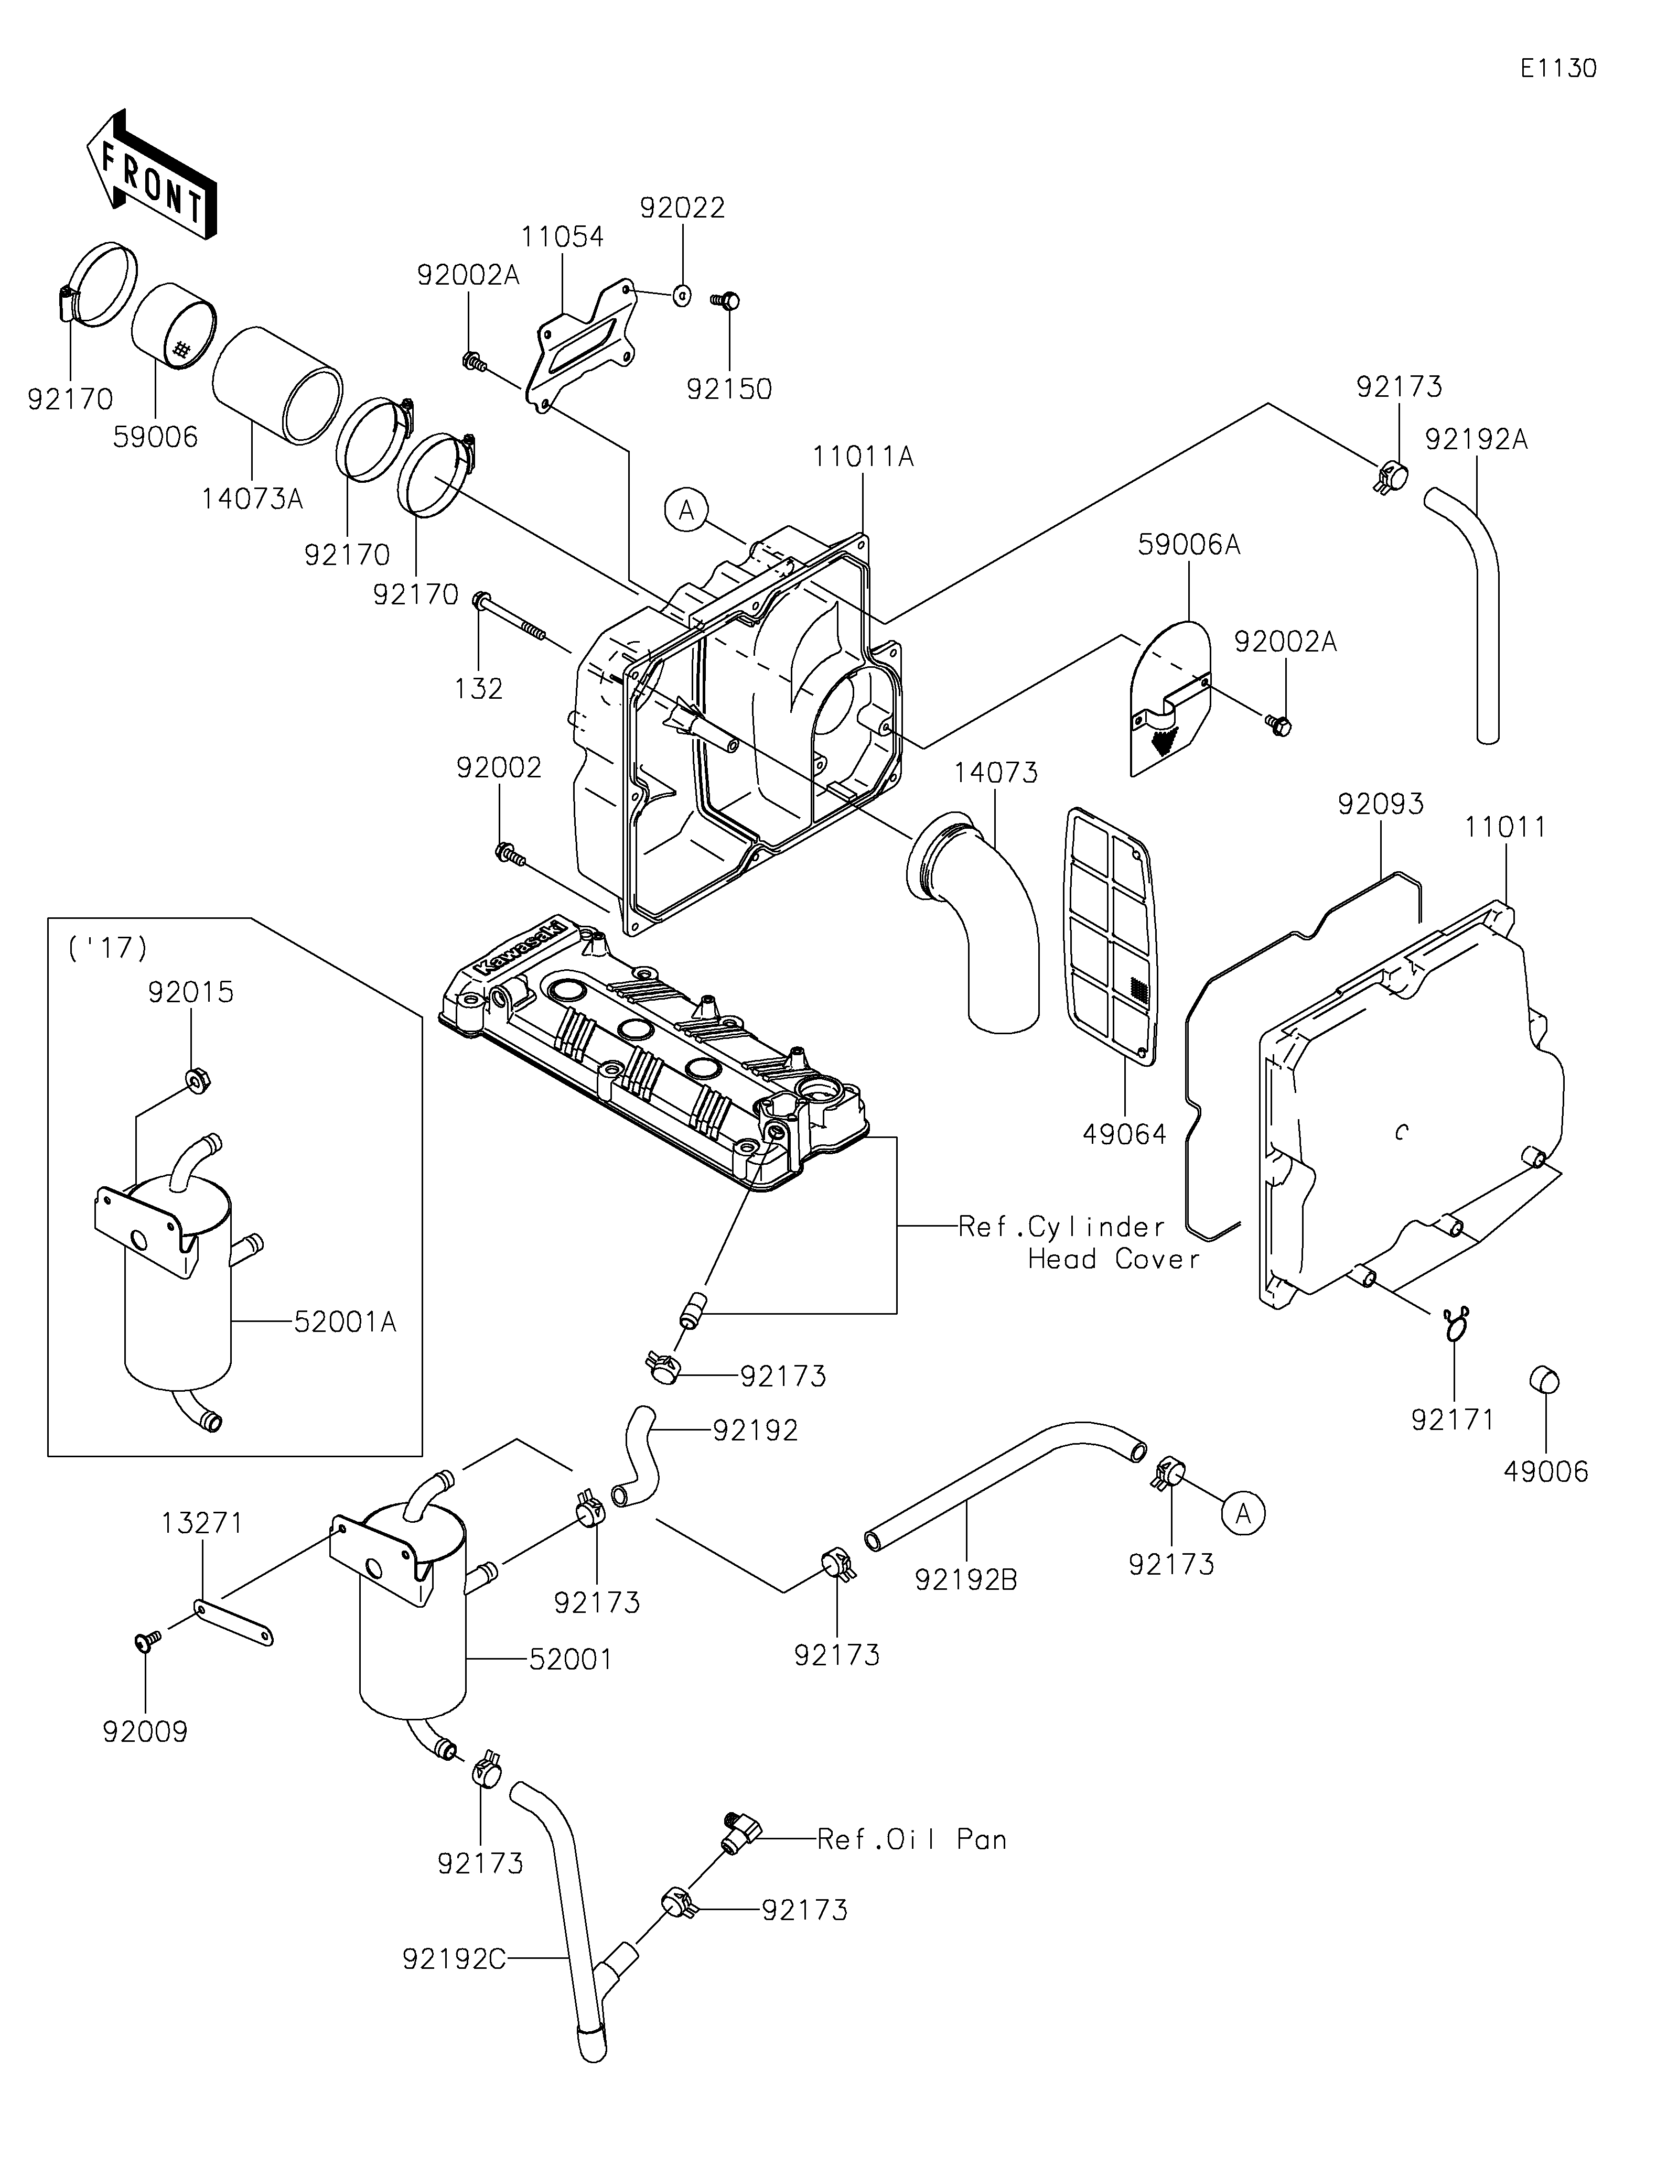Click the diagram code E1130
tap(1558, 69)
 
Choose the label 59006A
tap(1189, 545)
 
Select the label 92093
tap(1380, 804)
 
